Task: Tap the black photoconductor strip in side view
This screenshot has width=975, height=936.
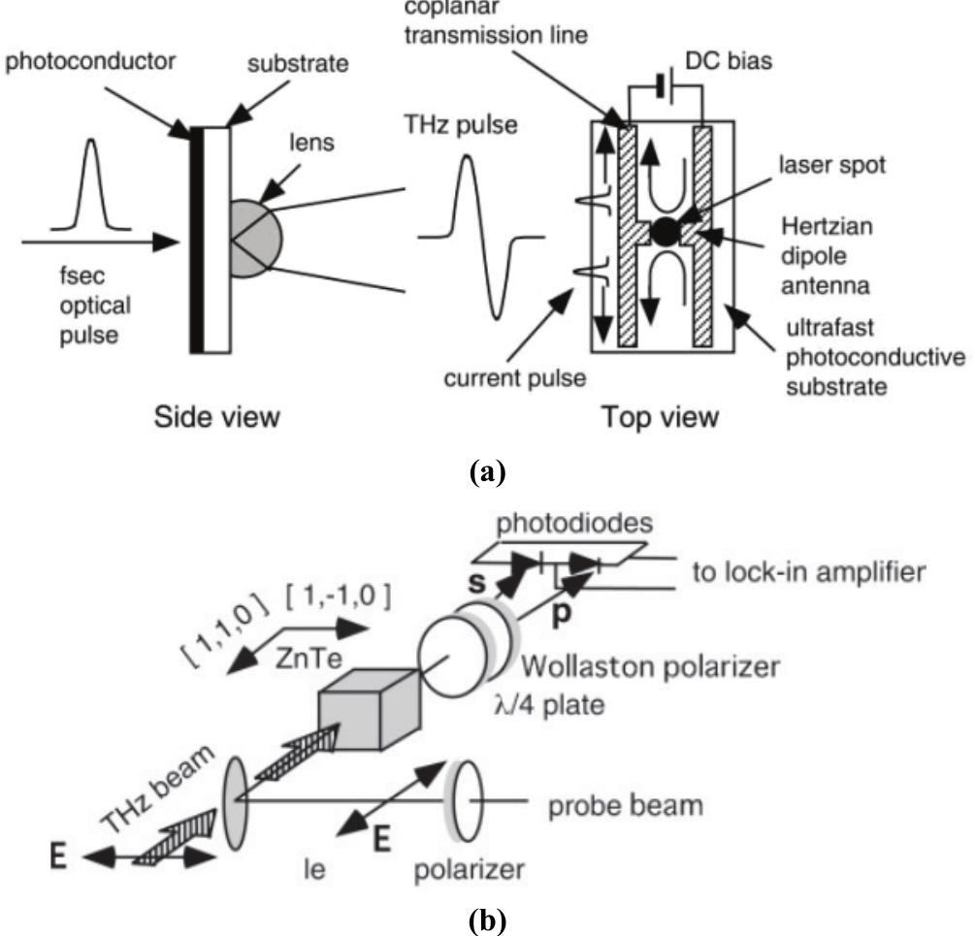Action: [197, 237]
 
